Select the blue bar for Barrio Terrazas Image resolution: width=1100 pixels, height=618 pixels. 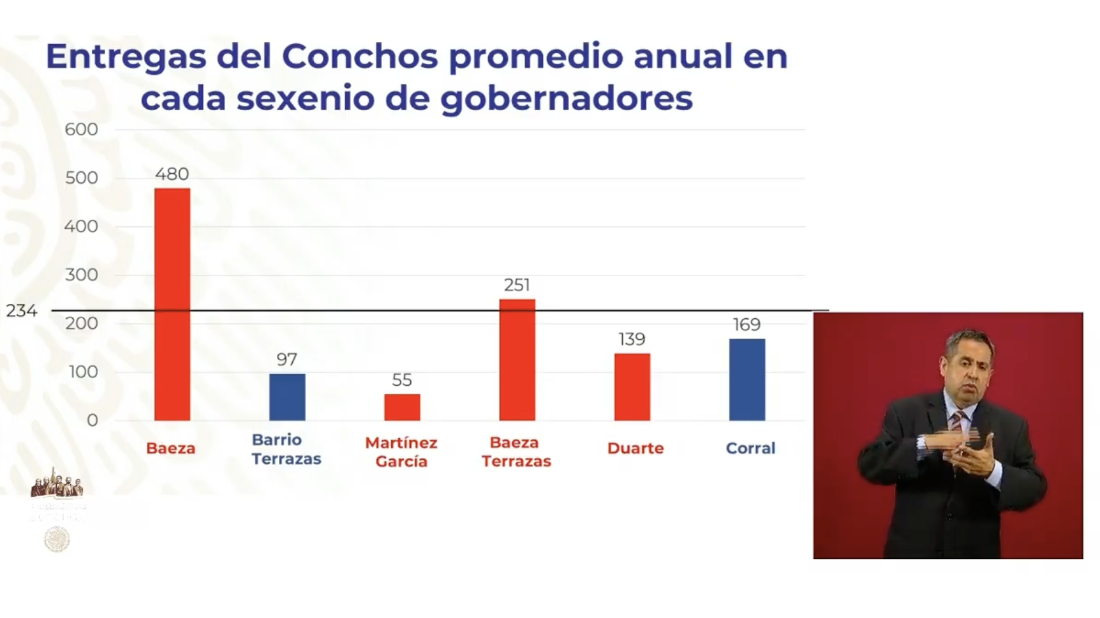[287, 397]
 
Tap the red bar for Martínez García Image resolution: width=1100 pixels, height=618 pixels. [402, 407]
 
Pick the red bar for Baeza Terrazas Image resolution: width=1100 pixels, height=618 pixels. [517, 360]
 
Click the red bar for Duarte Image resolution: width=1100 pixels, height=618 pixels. [632, 387]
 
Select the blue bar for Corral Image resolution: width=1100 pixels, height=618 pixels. [747, 379]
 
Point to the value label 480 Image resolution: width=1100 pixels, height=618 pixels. [172, 174]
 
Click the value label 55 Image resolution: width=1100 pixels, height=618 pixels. [402, 380]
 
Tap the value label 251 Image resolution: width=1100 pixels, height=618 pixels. [517, 285]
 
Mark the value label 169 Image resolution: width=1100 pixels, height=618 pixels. [747, 325]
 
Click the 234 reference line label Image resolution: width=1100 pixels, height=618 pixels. [22, 310]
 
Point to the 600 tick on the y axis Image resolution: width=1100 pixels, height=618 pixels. [81, 129]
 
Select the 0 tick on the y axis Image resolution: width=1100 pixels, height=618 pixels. [93, 420]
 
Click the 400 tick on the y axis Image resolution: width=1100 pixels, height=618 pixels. [81, 226]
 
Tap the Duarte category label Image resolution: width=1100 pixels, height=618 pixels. [635, 448]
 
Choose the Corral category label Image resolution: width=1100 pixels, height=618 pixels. [750, 448]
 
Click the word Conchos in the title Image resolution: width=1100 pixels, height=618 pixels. [360, 56]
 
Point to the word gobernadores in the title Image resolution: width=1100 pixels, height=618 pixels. [566, 98]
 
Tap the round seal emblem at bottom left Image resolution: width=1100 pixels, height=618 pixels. [57, 539]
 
